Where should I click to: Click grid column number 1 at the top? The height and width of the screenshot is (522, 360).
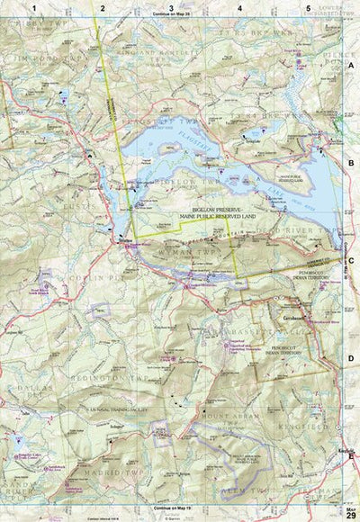(x=33, y=7)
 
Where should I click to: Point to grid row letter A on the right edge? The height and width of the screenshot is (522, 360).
(x=350, y=67)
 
